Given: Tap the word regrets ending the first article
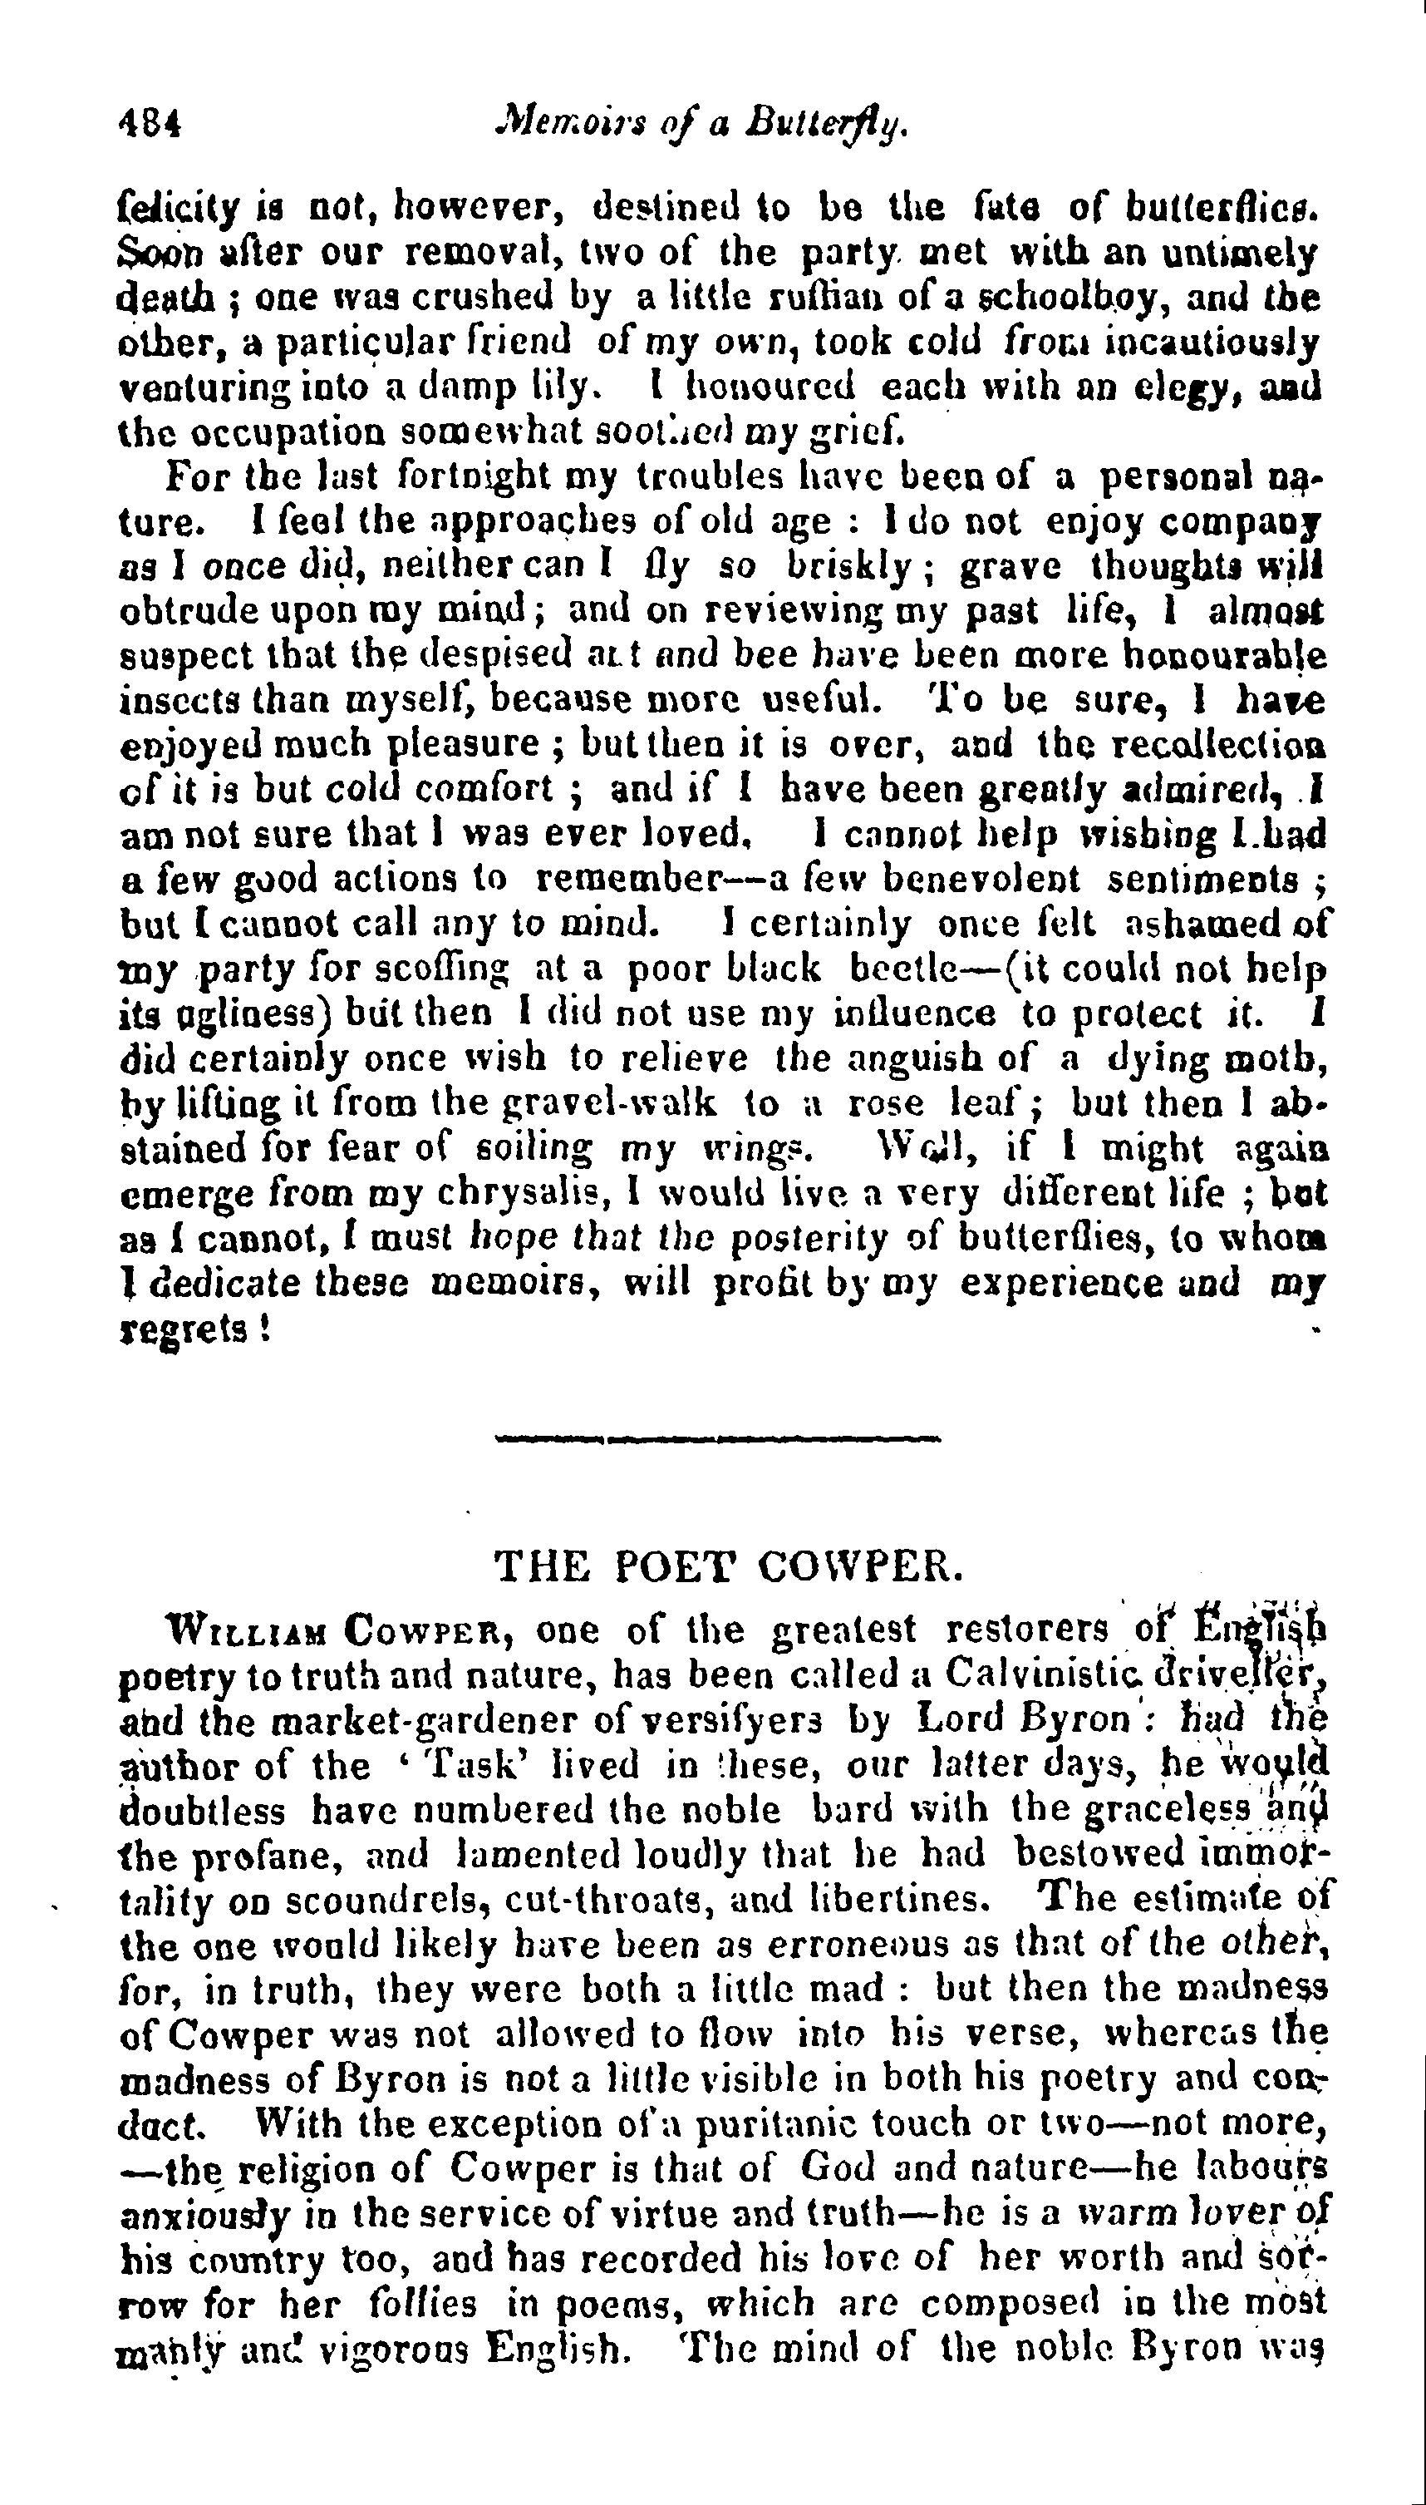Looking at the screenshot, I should pos(183,1330).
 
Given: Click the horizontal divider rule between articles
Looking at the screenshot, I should pos(717,1439).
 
